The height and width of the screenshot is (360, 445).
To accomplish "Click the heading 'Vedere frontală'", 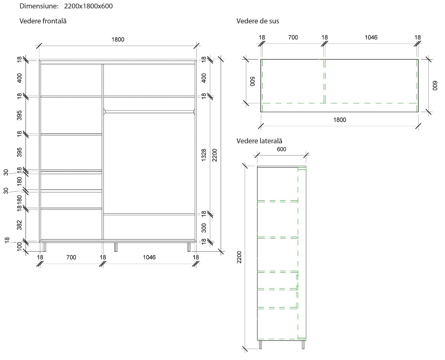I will (43, 21).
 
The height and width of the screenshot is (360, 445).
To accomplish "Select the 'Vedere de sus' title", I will (258, 21).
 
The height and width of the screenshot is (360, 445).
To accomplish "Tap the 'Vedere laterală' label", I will (259, 141).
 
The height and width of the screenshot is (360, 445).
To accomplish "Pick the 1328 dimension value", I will (204, 155).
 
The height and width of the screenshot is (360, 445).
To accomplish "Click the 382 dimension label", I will (20, 225).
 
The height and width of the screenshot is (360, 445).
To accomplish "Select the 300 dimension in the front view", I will (204, 228).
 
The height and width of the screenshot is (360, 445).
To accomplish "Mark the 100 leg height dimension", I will (20, 246).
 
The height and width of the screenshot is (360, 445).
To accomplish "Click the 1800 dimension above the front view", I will (118, 39).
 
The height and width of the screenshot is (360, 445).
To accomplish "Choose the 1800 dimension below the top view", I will (340, 120).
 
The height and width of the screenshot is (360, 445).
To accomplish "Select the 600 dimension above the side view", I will (282, 149).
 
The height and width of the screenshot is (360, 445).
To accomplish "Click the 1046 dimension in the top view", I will (371, 37).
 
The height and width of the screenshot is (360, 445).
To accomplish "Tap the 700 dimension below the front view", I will (71, 257).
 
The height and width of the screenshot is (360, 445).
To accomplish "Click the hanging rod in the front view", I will (149, 111).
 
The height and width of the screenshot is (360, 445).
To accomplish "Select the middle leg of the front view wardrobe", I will (116, 247).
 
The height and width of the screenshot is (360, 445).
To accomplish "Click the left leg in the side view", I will (260, 344).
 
